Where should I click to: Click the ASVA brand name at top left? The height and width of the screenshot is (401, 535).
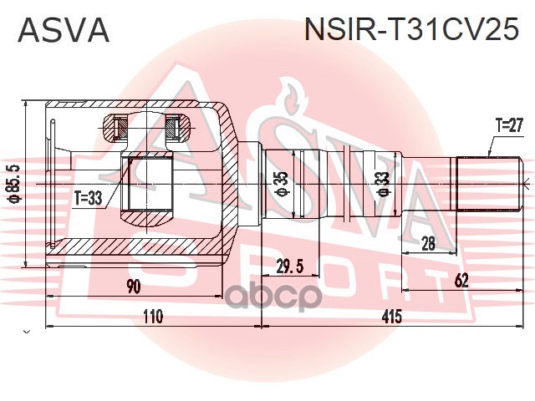(64, 31)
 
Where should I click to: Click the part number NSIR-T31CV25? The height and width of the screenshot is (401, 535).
(413, 31)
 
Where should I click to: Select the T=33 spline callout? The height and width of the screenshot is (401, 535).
(87, 198)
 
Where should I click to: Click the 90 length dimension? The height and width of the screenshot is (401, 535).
(134, 287)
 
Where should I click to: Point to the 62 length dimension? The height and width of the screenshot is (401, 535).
(461, 280)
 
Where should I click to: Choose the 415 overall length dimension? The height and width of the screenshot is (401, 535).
(391, 317)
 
